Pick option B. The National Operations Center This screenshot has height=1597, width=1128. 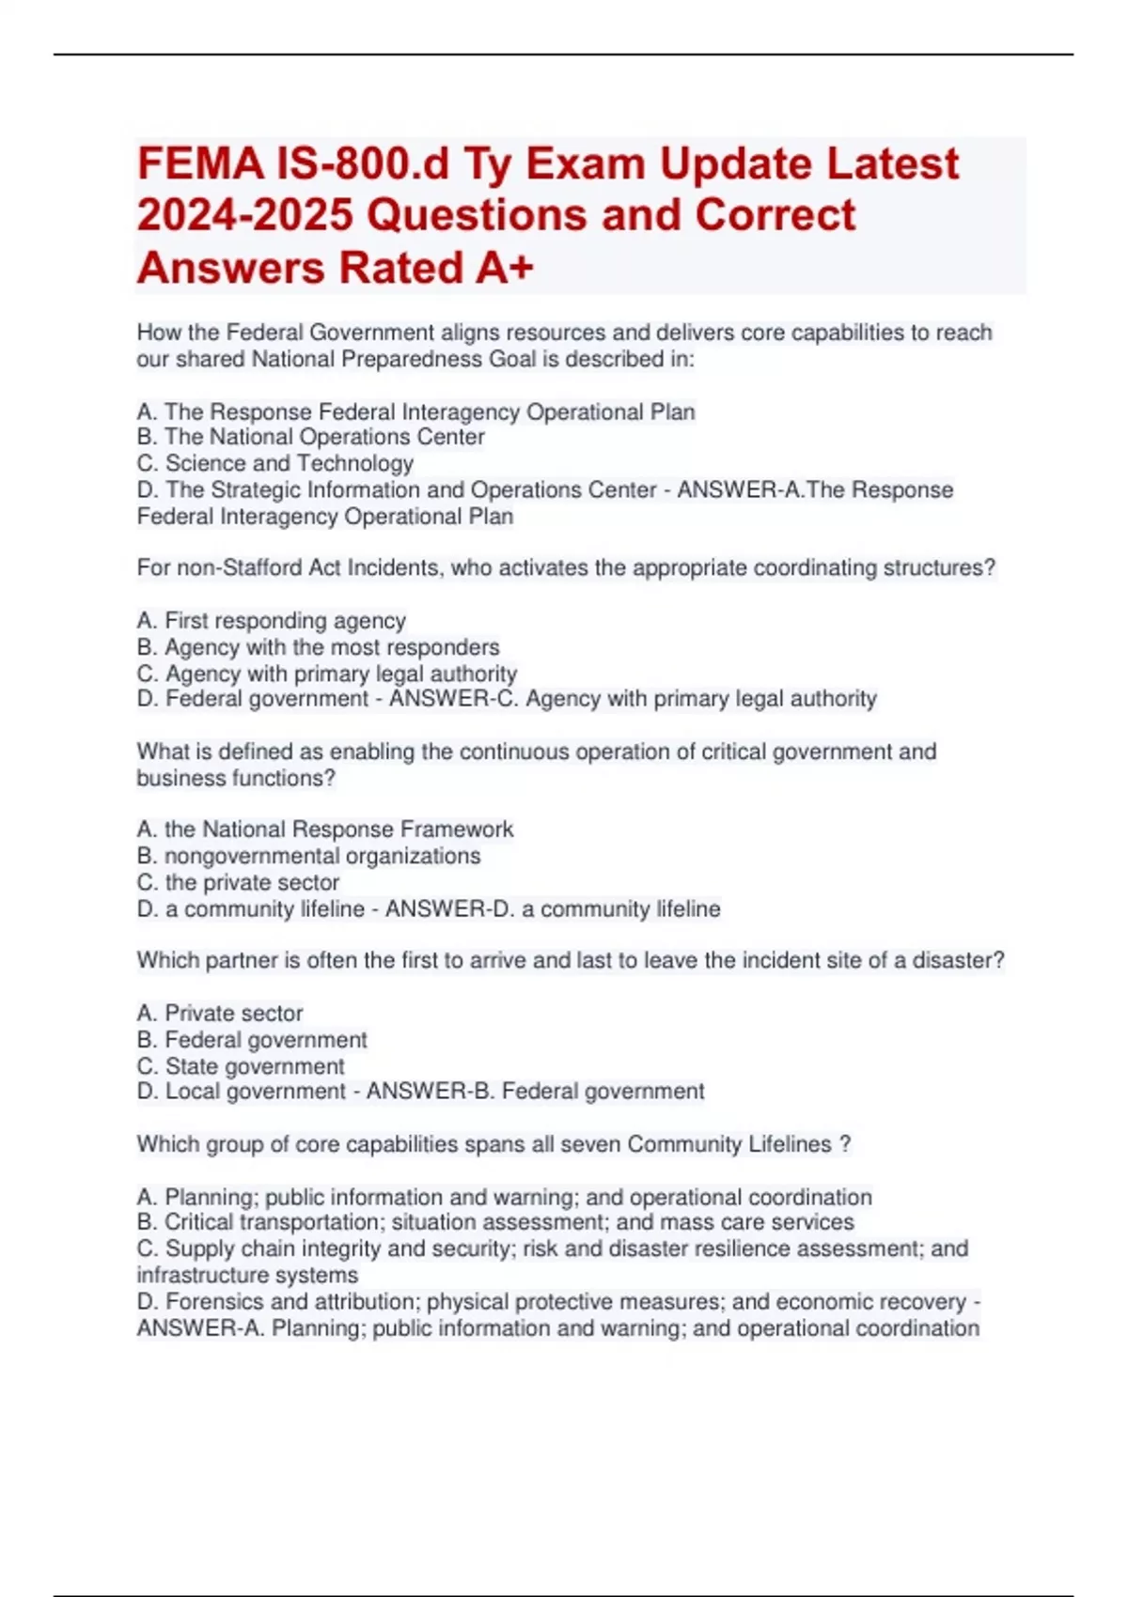click(311, 437)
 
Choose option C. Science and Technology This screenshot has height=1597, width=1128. click(275, 463)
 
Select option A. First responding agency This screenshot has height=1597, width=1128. click(272, 621)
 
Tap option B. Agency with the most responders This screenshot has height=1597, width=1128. click(319, 647)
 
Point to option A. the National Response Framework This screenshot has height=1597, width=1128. click(325, 830)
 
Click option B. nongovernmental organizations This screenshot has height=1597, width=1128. click(309, 856)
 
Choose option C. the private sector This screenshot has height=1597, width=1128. click(239, 882)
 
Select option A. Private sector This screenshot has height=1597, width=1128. click(220, 1013)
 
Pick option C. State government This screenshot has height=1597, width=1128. click(242, 1066)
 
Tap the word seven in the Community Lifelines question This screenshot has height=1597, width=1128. click(591, 1144)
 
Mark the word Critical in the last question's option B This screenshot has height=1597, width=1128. click(199, 1222)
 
